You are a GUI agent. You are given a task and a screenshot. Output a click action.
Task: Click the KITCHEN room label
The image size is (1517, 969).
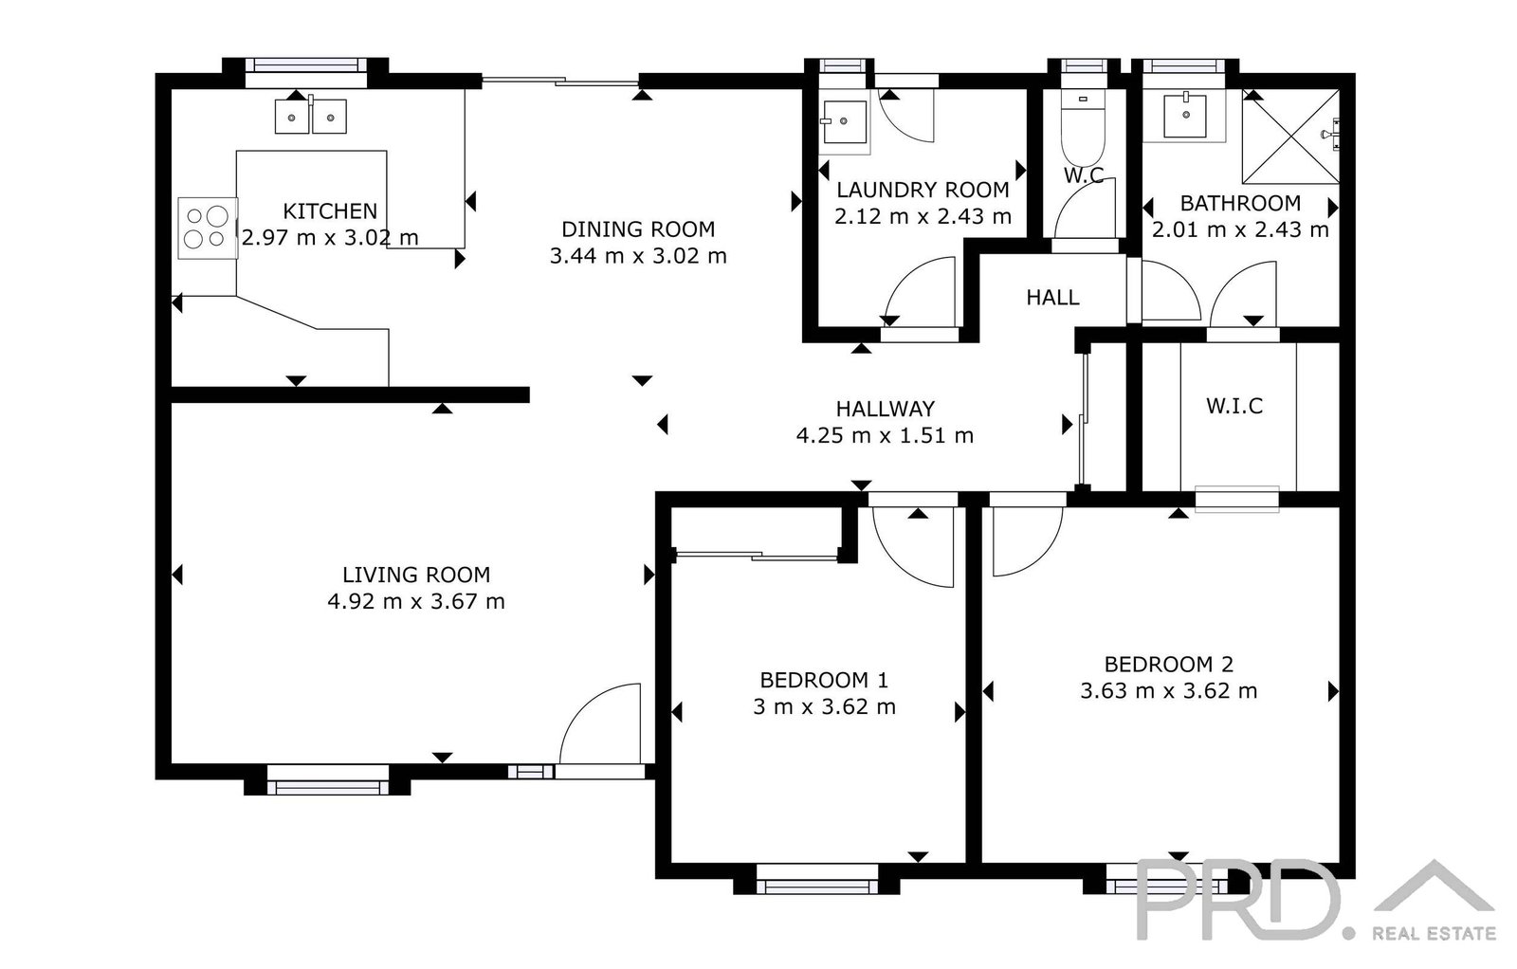click(330, 211)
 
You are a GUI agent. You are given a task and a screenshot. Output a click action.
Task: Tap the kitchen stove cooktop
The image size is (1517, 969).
click(208, 229)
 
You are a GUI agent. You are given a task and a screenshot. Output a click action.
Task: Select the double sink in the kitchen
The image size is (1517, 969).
click(311, 117)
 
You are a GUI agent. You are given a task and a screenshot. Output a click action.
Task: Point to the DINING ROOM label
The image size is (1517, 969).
click(638, 229)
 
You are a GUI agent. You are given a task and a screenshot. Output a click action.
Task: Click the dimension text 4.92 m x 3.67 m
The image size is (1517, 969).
click(416, 601)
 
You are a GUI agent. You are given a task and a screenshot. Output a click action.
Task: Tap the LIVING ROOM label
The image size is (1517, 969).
click(416, 575)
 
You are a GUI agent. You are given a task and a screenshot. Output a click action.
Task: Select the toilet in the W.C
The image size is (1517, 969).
click(1082, 129)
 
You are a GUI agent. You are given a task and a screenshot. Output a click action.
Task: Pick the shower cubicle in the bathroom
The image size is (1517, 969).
click(1290, 137)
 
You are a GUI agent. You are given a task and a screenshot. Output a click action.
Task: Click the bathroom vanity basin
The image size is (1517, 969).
click(1185, 116)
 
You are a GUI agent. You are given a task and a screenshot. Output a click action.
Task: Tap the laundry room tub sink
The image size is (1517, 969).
click(844, 122)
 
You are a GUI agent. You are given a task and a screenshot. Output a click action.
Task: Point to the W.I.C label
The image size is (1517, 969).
click(1234, 406)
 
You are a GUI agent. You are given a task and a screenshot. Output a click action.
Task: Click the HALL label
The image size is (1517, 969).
click(1052, 298)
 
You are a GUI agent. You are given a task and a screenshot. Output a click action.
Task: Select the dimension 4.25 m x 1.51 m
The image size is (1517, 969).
click(885, 435)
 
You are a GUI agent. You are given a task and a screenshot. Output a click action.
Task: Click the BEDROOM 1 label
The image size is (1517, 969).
click(824, 680)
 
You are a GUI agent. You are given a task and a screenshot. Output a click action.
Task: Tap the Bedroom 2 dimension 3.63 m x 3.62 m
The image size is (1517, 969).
click(1168, 690)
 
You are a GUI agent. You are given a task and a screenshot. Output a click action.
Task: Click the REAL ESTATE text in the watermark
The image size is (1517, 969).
click(1434, 933)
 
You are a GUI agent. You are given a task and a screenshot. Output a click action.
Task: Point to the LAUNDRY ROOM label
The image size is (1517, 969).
click(923, 190)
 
